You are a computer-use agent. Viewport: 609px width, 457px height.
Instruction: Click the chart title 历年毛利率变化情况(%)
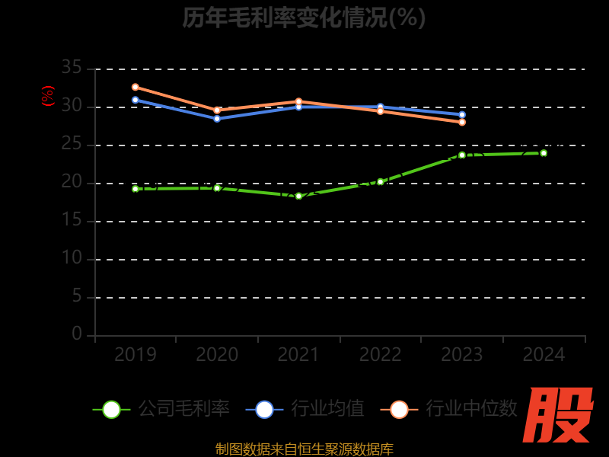click(x=304, y=17)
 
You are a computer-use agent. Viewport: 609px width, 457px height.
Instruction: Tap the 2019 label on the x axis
click(x=136, y=354)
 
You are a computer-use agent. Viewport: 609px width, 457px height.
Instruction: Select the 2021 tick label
click(x=298, y=354)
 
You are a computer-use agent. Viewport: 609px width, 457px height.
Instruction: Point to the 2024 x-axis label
click(x=544, y=354)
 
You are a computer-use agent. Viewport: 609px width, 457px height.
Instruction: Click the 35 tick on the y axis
click(x=72, y=68)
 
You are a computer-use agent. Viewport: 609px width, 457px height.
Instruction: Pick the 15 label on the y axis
click(x=72, y=220)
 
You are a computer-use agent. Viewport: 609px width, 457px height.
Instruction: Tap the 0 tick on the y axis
click(x=77, y=334)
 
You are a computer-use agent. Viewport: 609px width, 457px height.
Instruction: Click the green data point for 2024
click(x=544, y=153)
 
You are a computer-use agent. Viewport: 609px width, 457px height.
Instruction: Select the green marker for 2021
click(x=298, y=196)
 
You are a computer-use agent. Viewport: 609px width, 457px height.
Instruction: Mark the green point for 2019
click(x=136, y=188)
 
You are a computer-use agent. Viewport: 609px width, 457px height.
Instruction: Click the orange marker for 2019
click(x=136, y=87)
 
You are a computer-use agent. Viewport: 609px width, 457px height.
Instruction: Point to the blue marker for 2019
click(x=136, y=100)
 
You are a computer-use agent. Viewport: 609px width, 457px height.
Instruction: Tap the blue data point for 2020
click(x=217, y=118)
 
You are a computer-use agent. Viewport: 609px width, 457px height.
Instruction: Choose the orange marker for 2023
click(x=462, y=122)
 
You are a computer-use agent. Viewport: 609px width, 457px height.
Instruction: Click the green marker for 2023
click(x=462, y=155)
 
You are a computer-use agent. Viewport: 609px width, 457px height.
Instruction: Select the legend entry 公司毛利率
click(x=161, y=409)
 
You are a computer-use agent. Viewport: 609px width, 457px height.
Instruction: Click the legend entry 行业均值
click(x=305, y=409)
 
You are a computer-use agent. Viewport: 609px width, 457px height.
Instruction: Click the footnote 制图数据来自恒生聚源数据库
click(x=304, y=449)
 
